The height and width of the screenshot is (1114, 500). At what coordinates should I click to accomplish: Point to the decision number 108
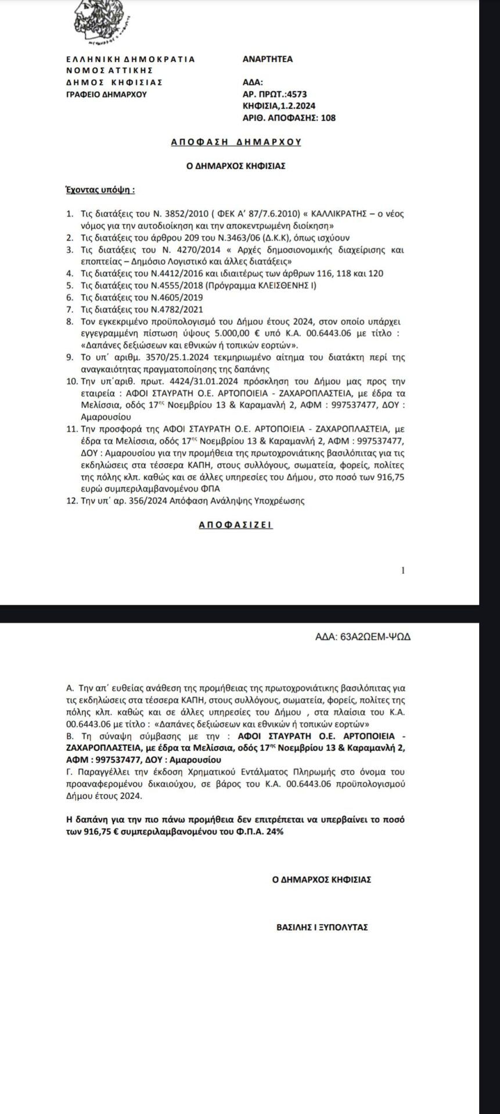pos(329,118)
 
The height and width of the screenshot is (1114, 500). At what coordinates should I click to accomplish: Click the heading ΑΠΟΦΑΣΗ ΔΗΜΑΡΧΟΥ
pos(236,142)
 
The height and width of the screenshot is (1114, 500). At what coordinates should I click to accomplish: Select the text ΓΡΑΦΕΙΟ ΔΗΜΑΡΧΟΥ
pos(106,94)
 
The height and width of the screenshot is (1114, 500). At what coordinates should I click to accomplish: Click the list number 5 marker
pos(70,285)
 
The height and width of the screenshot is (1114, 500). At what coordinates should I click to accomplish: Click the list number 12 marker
pos(72,500)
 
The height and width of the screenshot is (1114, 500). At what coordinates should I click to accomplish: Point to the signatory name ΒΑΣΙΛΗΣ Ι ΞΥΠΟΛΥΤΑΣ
pos(322,927)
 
